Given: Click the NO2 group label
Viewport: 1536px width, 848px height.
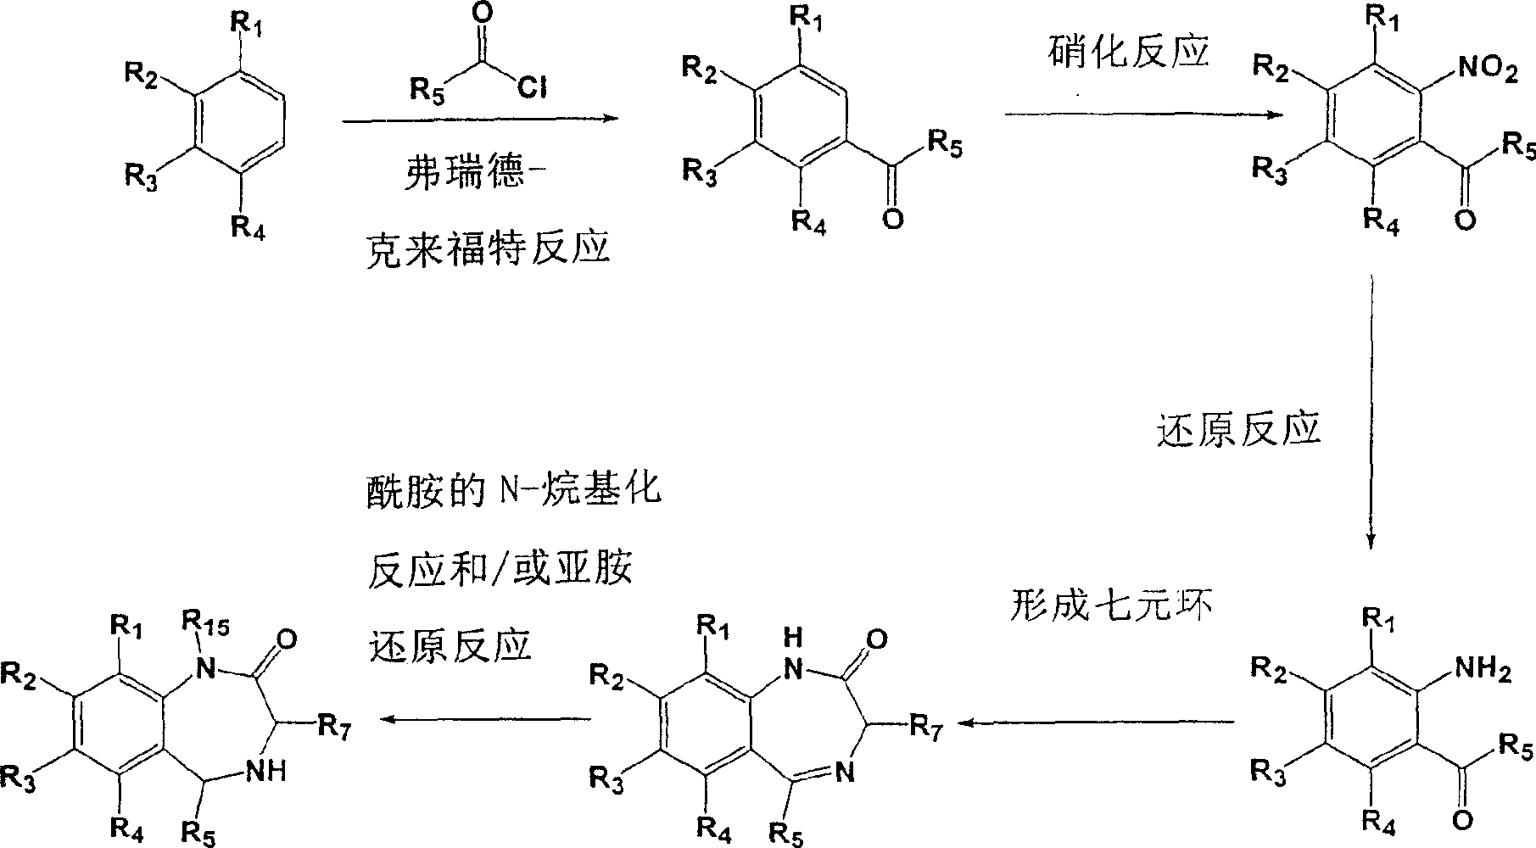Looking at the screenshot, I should click(1485, 70).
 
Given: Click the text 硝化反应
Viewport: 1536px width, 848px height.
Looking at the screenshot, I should click(1127, 53).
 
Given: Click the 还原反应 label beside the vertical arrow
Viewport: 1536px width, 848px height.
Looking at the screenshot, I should click(1239, 429).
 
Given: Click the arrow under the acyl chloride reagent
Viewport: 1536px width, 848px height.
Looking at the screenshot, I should click(479, 120).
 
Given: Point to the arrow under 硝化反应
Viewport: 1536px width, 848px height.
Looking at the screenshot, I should click(1144, 113).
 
